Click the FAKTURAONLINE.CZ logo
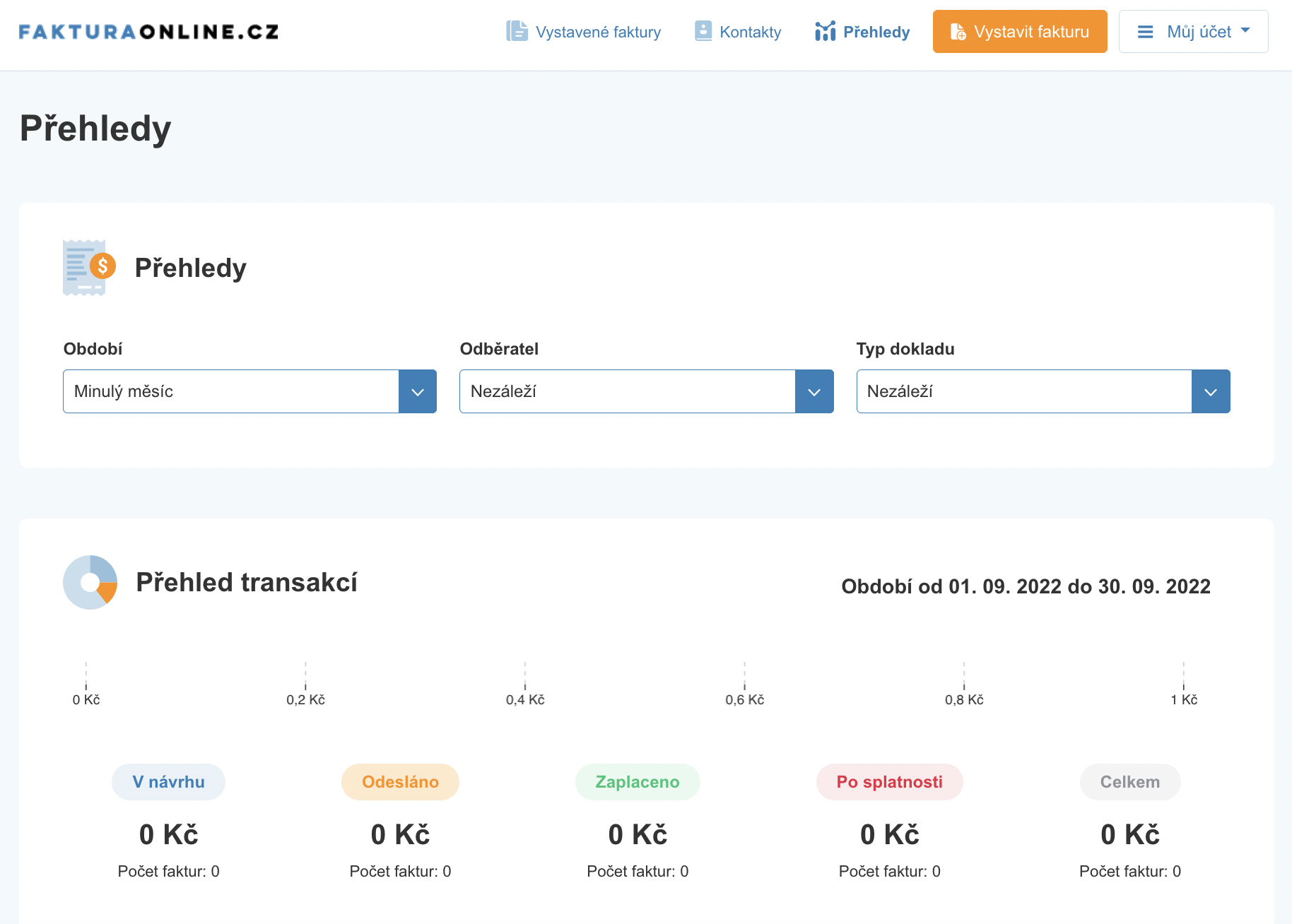tap(148, 32)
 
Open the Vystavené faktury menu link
tap(584, 32)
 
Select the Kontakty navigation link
tap(738, 32)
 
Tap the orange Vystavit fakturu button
tap(1020, 32)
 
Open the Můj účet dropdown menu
tap(1193, 32)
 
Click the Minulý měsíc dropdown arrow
tap(418, 391)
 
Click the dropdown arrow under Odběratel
tap(814, 391)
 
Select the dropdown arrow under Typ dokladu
tap(1211, 391)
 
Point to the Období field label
tap(93, 349)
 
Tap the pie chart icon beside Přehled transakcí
tap(90, 582)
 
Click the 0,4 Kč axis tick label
tap(525, 699)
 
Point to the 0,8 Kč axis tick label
tap(964, 699)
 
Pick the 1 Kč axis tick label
tap(1184, 699)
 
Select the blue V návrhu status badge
tap(169, 782)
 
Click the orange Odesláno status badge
tap(400, 782)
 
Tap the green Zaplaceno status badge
tap(638, 782)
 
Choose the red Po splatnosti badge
tap(890, 782)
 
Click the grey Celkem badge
tap(1130, 782)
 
